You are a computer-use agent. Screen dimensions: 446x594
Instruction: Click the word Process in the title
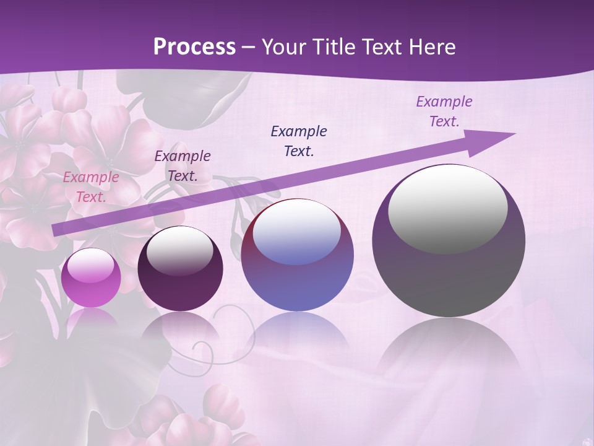[x=194, y=47]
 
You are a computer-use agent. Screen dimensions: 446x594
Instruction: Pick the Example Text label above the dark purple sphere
[x=182, y=166]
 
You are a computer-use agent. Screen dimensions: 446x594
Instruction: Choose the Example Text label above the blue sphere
[x=299, y=141]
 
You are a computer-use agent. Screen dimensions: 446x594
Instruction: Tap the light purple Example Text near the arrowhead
[x=444, y=111]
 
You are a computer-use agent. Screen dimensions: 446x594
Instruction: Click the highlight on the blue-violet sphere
[x=297, y=232]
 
